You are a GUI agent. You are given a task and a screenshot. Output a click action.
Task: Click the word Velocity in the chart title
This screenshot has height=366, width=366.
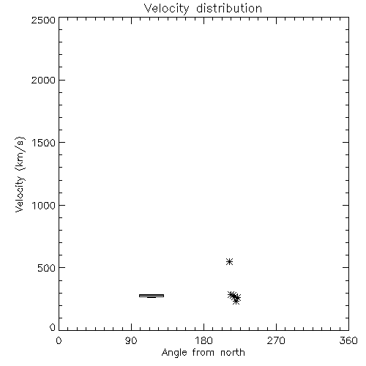click(166, 9)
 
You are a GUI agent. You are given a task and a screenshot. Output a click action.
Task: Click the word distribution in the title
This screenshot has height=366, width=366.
click(229, 8)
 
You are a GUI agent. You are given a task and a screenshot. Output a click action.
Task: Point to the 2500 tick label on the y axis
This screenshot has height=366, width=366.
click(43, 20)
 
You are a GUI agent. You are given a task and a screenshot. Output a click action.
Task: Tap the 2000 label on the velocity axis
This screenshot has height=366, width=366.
click(43, 80)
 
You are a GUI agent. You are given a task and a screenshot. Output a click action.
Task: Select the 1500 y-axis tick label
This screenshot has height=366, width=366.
click(44, 143)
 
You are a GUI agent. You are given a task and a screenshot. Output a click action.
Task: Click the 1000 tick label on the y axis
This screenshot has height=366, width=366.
click(44, 206)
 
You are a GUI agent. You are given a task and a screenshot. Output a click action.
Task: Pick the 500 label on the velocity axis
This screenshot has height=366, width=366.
click(47, 268)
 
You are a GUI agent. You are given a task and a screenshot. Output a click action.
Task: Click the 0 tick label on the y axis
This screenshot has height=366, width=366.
click(53, 327)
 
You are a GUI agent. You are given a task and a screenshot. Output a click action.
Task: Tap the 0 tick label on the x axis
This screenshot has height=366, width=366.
click(59, 340)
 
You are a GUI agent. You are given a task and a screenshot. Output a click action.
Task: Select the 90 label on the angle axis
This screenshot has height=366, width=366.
click(131, 340)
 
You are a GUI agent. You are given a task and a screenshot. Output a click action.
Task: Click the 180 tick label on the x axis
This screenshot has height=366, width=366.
click(203, 340)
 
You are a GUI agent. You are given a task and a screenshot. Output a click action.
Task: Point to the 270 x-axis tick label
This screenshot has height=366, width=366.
click(276, 340)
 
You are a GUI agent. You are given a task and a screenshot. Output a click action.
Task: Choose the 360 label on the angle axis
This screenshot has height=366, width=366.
click(348, 340)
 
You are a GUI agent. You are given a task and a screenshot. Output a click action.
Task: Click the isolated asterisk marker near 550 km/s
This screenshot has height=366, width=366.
click(229, 262)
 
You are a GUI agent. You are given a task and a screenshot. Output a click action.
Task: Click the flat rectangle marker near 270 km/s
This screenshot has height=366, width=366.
click(152, 296)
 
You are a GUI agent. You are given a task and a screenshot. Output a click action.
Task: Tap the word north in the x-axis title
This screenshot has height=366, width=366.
click(233, 353)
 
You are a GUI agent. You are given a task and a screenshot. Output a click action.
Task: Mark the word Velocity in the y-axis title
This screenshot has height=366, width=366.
click(20, 194)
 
